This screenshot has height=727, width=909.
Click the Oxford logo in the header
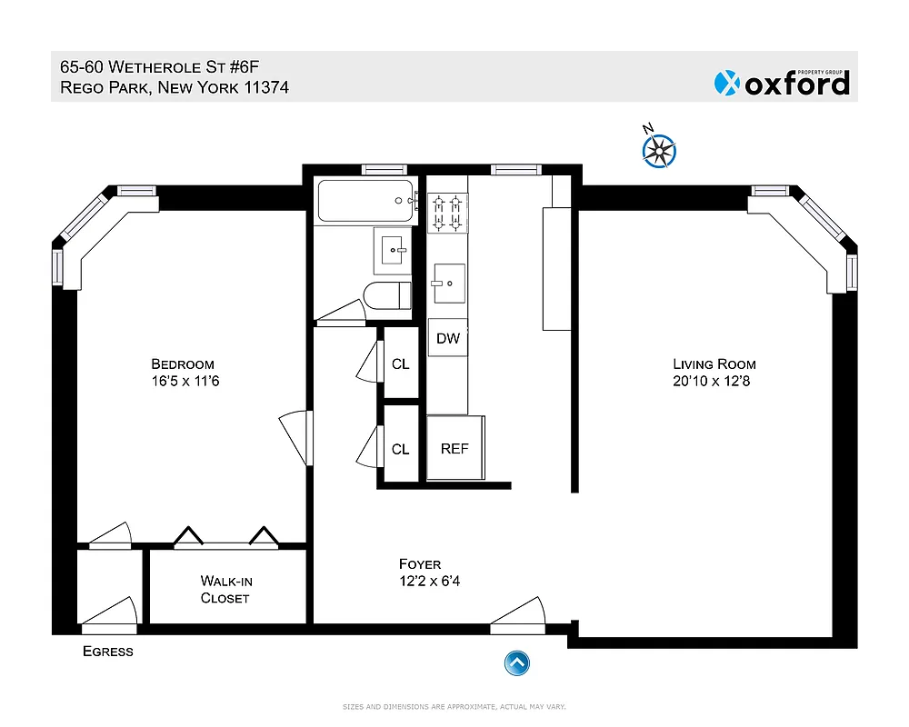(x=783, y=83)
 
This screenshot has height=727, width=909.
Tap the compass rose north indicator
(x=660, y=151)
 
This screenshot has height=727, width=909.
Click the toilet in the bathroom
(x=387, y=296)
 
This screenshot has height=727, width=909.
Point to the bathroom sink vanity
(x=393, y=250)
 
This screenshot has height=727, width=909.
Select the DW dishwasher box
(x=447, y=338)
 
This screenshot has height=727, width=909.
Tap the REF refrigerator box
(x=454, y=449)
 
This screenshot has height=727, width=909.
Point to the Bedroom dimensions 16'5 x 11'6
(x=185, y=382)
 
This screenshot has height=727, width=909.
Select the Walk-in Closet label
(x=225, y=589)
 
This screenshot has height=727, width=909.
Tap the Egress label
(x=107, y=651)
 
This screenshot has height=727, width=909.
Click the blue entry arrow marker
(x=516, y=663)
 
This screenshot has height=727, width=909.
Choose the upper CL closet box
(x=400, y=364)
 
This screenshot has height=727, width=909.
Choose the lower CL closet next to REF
(x=400, y=449)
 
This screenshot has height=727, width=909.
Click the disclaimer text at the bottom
(x=454, y=706)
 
